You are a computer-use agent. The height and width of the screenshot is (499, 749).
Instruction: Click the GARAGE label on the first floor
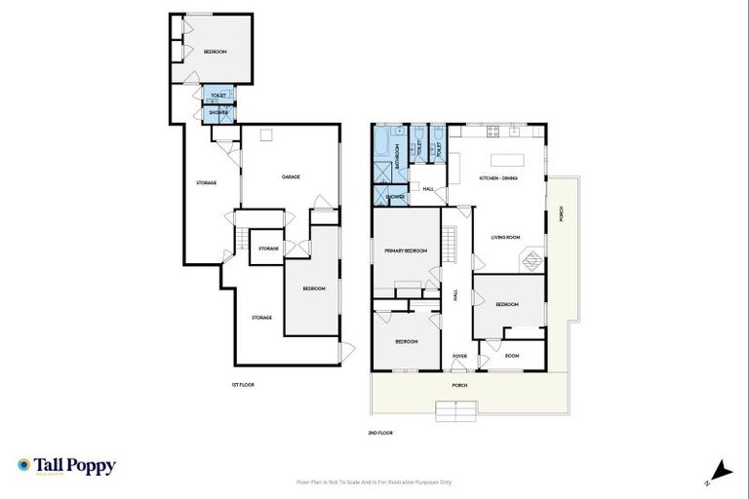(290, 176)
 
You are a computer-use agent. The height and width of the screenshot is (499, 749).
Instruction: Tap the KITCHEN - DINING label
(497, 178)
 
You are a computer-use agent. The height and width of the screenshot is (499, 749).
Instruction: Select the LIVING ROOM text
(504, 237)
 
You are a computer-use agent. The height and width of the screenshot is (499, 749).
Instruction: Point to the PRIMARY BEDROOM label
(407, 250)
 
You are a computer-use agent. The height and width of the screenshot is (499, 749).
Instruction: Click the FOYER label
(458, 356)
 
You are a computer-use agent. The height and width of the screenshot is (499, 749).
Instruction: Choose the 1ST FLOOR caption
(243, 385)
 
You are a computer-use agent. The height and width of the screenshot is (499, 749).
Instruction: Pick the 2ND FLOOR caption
(380, 432)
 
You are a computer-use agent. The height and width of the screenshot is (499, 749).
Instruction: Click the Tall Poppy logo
(66, 466)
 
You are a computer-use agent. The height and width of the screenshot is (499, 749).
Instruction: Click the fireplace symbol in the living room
(532, 261)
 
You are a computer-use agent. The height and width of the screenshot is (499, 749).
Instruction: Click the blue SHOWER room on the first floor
(217, 112)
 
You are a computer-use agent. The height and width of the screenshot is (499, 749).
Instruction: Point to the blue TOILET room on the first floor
(218, 95)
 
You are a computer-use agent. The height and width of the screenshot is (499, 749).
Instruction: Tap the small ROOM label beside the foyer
(512, 356)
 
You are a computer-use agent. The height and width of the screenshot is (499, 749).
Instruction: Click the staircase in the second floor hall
(451, 244)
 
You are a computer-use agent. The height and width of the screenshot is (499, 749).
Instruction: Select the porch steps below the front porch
(457, 416)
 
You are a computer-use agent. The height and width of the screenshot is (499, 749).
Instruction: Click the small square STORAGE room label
(268, 249)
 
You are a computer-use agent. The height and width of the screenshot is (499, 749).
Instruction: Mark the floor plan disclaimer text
(374, 481)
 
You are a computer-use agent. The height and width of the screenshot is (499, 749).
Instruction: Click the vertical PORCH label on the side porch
(561, 215)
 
